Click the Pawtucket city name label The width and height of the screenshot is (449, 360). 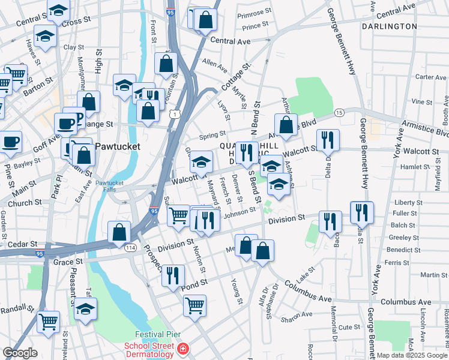pos(118,146)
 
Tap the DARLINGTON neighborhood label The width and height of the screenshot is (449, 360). pos(390,26)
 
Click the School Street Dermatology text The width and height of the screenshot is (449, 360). pos(149,349)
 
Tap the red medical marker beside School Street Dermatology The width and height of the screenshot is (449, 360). pos(183,349)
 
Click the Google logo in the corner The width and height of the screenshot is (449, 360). pos(20,353)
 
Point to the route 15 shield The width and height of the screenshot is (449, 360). pos(339,113)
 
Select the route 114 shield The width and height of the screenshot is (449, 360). pos(131,247)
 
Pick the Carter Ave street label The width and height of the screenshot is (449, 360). pos(431,77)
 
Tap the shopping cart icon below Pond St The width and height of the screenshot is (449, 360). pos(195,305)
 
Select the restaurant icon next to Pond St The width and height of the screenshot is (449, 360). pos(173,275)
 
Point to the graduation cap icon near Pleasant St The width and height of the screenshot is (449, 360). pos(86,309)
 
